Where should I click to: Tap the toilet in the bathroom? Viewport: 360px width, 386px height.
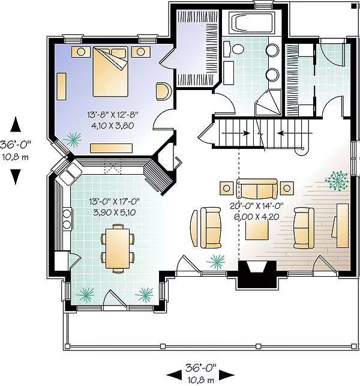point(235,49)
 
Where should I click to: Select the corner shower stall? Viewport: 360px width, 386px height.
point(268,103)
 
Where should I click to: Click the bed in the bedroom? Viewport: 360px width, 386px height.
point(110,71)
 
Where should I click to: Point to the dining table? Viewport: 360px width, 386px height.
point(118,249)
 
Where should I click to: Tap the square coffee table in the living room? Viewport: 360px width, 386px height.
point(257,230)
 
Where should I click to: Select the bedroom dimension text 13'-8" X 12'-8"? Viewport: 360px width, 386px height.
point(113,114)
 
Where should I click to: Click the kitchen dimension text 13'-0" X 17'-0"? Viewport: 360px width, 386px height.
point(115,202)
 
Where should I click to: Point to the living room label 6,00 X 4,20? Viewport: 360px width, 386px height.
point(256,217)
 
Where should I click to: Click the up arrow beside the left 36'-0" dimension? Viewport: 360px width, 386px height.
point(15,124)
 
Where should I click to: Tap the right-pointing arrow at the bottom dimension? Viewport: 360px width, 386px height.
point(226,375)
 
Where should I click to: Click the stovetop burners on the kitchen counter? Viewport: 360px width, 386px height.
point(67,219)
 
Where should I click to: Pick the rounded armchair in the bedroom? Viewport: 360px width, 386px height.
point(163,91)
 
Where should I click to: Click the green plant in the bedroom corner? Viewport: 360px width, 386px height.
point(73,139)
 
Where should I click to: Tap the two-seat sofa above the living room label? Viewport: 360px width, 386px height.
point(257,189)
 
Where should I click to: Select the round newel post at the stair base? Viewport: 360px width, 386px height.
point(302,149)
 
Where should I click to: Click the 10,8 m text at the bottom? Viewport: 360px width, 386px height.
point(201,380)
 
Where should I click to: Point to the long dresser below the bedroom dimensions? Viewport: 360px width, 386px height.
point(111,148)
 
